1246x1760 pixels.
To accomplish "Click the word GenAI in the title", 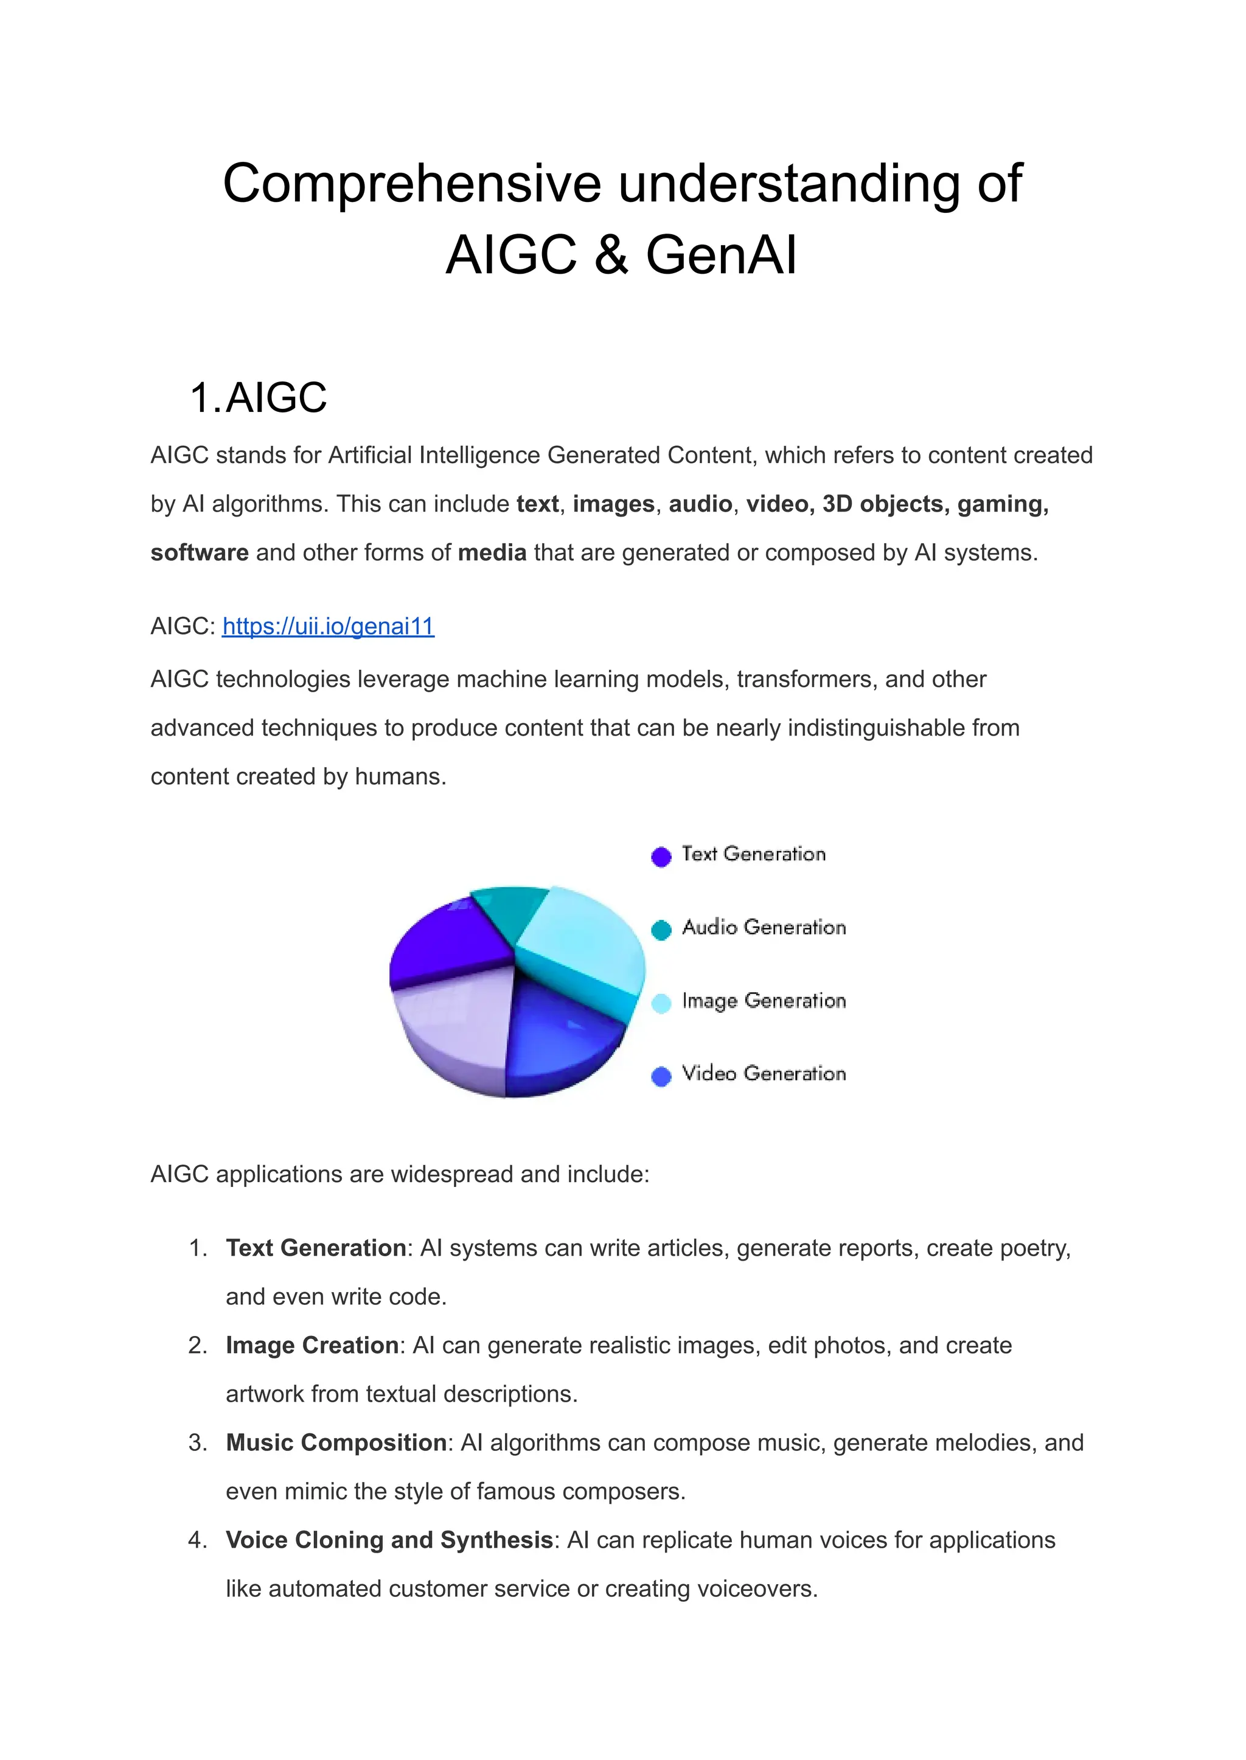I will (720, 255).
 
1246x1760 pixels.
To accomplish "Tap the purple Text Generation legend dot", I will (661, 856).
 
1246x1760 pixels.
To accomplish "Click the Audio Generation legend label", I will (764, 928).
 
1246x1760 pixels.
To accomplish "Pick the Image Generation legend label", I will (764, 1001).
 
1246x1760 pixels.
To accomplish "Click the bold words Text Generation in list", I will (315, 1248).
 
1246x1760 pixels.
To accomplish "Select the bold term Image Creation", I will (311, 1346).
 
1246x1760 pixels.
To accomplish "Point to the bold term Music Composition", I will (335, 1443).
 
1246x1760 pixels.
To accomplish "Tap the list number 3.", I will (197, 1443).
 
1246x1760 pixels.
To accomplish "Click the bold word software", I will (199, 552).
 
